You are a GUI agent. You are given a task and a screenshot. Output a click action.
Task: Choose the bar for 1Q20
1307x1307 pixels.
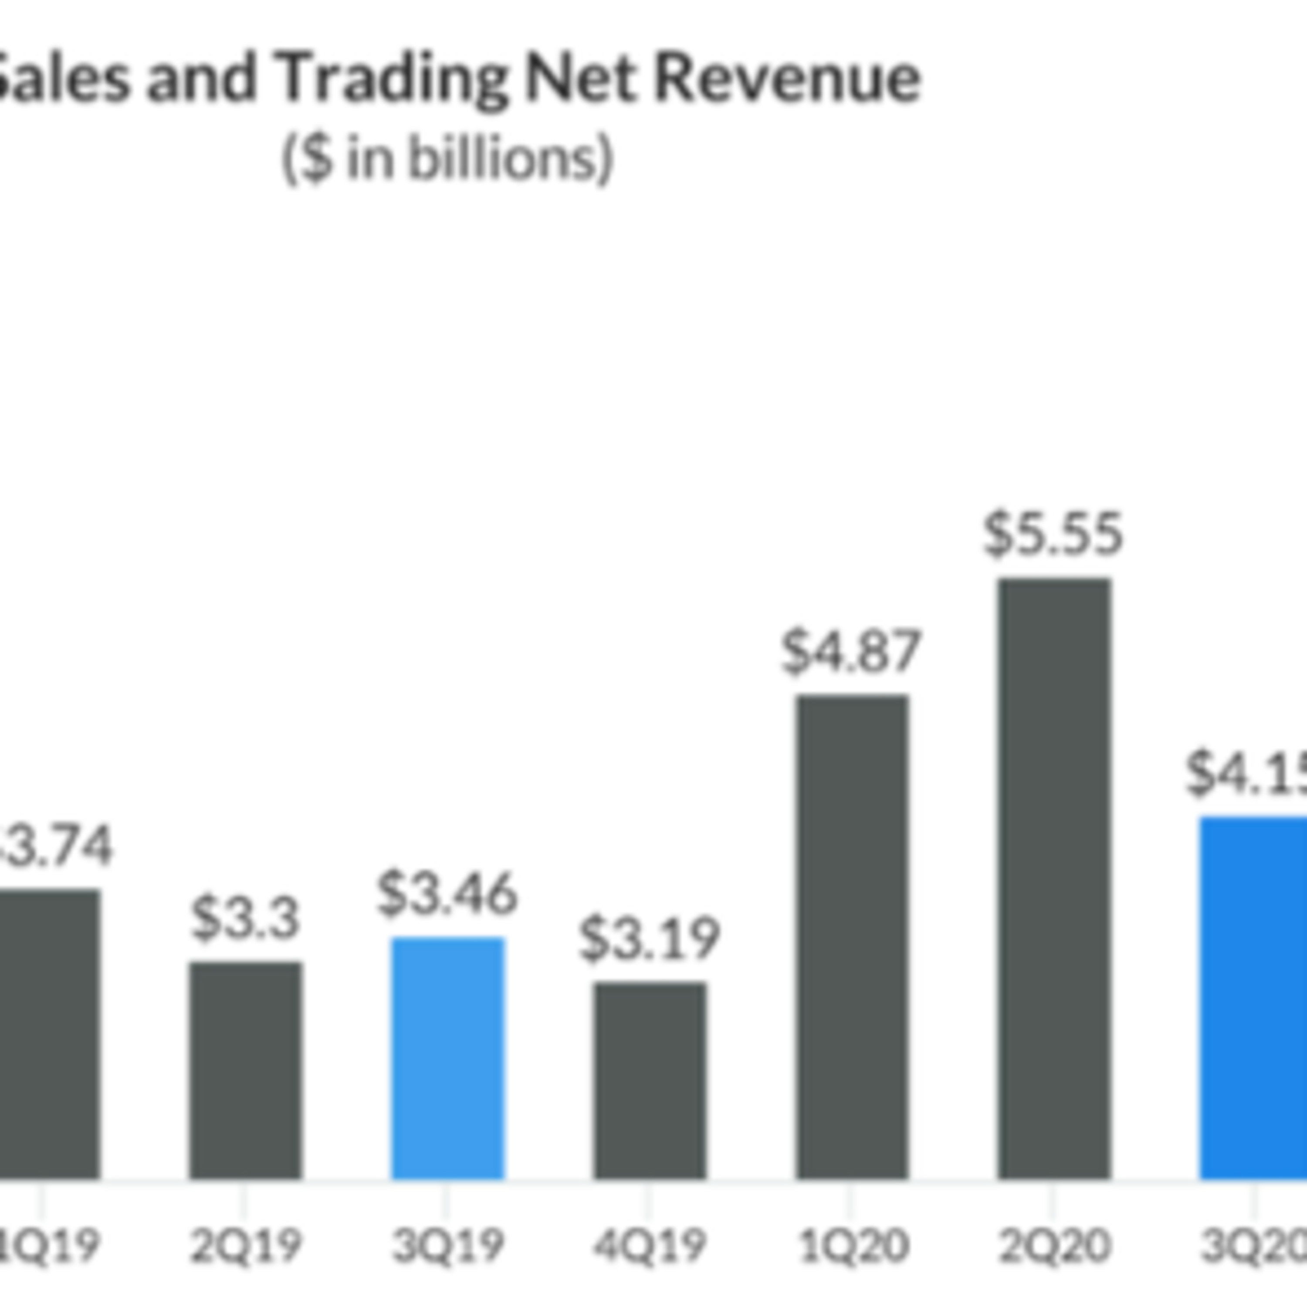853,937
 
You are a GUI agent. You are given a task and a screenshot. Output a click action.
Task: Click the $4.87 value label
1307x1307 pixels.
851,651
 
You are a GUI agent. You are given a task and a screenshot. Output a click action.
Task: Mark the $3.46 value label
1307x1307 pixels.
447,894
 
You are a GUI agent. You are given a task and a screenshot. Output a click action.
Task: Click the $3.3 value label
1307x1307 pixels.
245,919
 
